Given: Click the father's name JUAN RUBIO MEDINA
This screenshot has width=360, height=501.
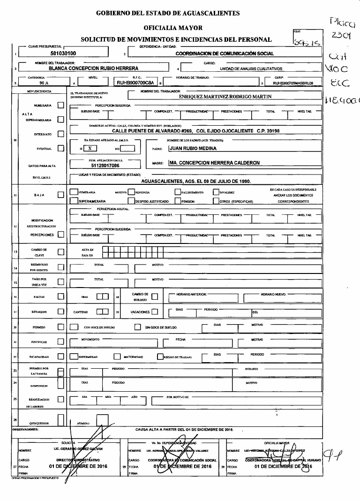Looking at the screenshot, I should click(192, 149).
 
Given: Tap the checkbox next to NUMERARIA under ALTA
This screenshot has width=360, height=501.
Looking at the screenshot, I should click(60, 106).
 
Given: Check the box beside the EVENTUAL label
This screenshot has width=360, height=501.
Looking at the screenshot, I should click(60, 149).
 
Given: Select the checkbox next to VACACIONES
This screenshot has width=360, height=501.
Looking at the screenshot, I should click(154, 311).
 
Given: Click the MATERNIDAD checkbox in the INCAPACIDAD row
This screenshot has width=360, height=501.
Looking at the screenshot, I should click(116, 357).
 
